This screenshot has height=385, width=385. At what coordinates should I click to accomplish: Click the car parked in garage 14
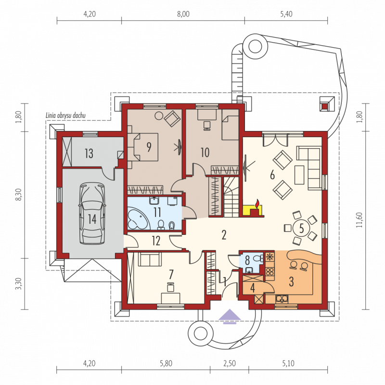pyautogui.click(x=92, y=213)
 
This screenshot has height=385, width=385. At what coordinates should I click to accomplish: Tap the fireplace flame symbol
pyautogui.click(x=257, y=204)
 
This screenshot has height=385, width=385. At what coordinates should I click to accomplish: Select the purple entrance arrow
pyautogui.click(x=230, y=316)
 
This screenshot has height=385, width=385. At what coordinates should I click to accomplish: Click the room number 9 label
pyautogui.click(x=149, y=147)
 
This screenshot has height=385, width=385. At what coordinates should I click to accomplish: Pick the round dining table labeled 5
pyautogui.click(x=302, y=228)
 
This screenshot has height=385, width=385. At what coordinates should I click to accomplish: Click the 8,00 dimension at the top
pyautogui.click(x=183, y=14)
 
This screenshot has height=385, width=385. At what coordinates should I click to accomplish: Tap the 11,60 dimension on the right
pyautogui.click(x=359, y=220)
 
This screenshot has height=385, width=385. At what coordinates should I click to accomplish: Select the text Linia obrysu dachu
pyautogui.click(x=65, y=115)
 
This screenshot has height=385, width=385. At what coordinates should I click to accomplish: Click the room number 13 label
pyautogui.click(x=89, y=154)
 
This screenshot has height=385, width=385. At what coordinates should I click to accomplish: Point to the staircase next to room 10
pyautogui.click(x=231, y=197)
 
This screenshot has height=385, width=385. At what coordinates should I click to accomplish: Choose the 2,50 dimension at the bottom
pyautogui.click(x=230, y=363)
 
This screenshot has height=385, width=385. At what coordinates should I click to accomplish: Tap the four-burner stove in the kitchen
pyautogui.click(x=270, y=272)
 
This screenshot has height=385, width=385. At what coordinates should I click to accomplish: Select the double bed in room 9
pyautogui.click(x=143, y=147)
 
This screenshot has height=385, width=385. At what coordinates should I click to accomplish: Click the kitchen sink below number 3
pyautogui.click(x=282, y=299)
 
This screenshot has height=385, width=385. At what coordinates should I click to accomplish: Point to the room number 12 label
pyautogui.click(x=156, y=241)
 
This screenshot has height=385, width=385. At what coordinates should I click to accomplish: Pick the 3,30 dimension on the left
pyautogui.click(x=19, y=283)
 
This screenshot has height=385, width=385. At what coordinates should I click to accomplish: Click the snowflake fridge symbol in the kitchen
pyautogui.click(x=270, y=257)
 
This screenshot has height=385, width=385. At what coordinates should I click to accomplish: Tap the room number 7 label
pyautogui.click(x=171, y=274)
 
